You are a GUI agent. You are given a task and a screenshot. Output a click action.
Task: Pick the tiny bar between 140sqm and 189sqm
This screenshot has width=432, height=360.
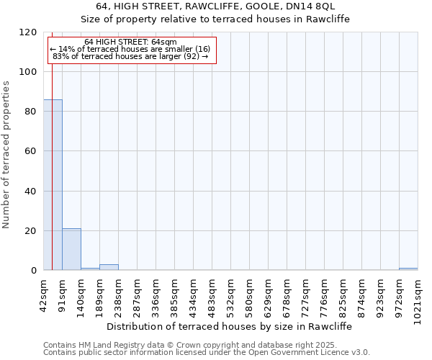point(90,269)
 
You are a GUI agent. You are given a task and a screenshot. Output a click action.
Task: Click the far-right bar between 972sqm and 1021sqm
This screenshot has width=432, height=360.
point(408,269)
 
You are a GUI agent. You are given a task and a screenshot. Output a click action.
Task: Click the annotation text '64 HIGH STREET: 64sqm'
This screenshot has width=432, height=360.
point(130,42)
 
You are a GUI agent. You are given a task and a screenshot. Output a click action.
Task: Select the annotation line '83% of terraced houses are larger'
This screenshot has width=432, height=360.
point(130,56)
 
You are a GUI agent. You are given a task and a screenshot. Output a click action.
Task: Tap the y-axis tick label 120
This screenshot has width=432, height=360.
point(28,32)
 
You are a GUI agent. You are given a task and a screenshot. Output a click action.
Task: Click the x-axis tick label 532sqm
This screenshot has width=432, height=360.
point(231,294)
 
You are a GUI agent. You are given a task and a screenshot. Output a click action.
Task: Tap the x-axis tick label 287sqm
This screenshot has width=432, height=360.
point(138,294)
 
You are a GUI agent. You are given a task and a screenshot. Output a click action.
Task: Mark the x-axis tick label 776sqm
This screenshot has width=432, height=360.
point(325,294)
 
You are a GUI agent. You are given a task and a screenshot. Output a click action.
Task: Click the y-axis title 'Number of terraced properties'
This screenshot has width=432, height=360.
point(6,155)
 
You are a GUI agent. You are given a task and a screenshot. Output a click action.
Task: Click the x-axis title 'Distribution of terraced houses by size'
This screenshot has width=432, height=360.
point(234,326)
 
